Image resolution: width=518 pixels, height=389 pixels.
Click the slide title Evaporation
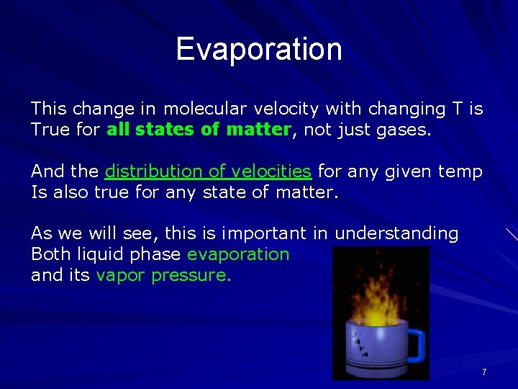click(259, 49)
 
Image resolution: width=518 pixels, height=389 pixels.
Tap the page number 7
click(484, 372)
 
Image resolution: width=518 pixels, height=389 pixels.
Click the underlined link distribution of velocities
click(208, 171)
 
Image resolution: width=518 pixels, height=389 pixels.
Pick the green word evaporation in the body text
click(238, 254)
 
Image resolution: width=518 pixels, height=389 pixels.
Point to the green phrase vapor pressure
click(163, 275)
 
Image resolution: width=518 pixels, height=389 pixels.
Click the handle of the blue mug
click(415, 345)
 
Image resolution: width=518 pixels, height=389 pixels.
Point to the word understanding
click(396, 233)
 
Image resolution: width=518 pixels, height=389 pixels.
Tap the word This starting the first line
click(48, 109)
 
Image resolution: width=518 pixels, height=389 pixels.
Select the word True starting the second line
click(49, 130)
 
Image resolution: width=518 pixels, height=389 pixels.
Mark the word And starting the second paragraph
click(48, 171)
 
